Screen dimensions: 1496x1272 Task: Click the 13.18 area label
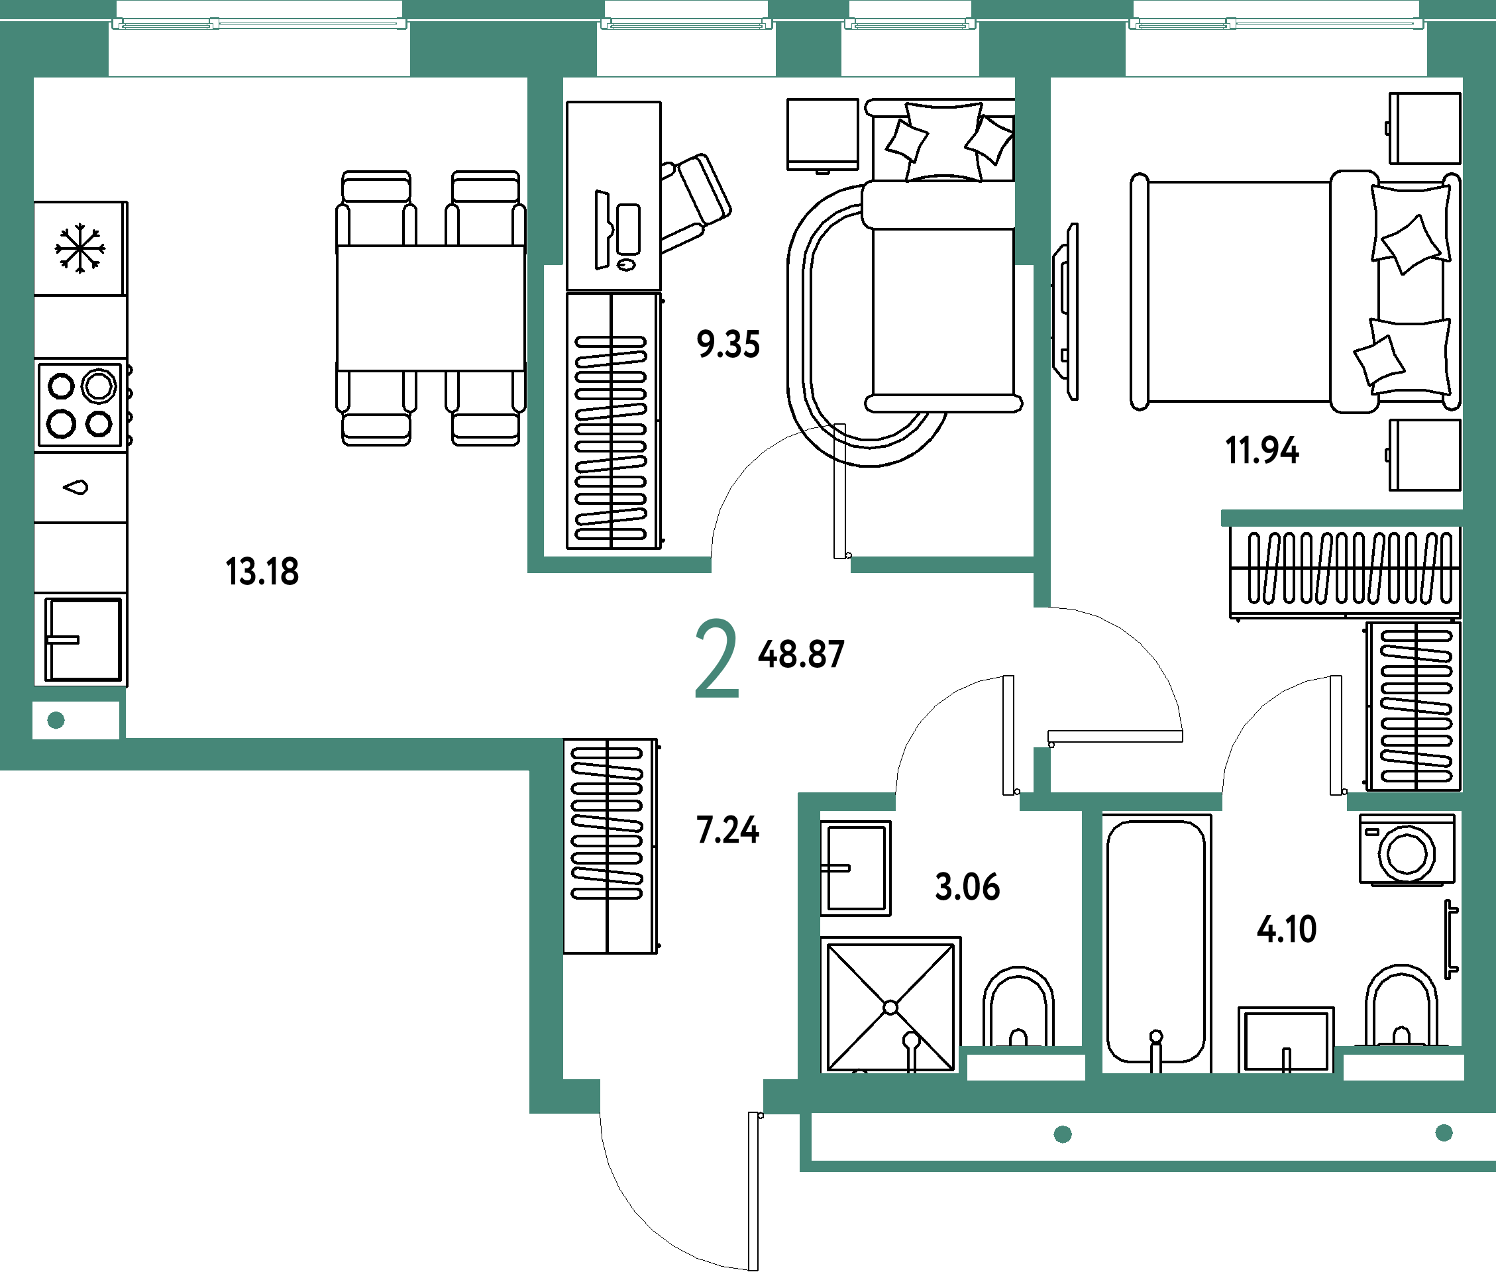(262, 571)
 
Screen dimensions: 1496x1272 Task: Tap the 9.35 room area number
(728, 344)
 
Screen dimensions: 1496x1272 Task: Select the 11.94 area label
(1261, 450)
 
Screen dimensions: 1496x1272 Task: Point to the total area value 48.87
(801, 655)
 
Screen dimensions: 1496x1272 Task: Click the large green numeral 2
(716, 658)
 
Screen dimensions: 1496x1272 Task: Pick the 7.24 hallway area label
(727, 830)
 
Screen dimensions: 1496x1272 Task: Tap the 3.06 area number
(967, 887)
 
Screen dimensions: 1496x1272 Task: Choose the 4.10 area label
(1287, 929)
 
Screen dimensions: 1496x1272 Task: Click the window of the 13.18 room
(260, 24)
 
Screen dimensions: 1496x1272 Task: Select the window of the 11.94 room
(1276, 24)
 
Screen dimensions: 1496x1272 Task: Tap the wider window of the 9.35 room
(686, 24)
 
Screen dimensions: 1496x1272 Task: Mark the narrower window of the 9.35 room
(910, 24)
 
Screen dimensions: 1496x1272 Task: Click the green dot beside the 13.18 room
(56, 720)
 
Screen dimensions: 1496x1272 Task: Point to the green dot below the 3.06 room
(1063, 1134)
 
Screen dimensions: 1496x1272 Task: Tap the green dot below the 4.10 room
(1444, 1133)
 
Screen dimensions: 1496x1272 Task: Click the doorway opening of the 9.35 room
(781, 564)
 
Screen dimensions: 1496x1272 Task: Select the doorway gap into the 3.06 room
(957, 801)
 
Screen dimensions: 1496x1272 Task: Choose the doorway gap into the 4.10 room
(1284, 801)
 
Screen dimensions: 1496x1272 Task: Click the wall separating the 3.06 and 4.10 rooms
(1092, 937)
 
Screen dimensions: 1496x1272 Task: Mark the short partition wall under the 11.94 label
(1341, 517)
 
